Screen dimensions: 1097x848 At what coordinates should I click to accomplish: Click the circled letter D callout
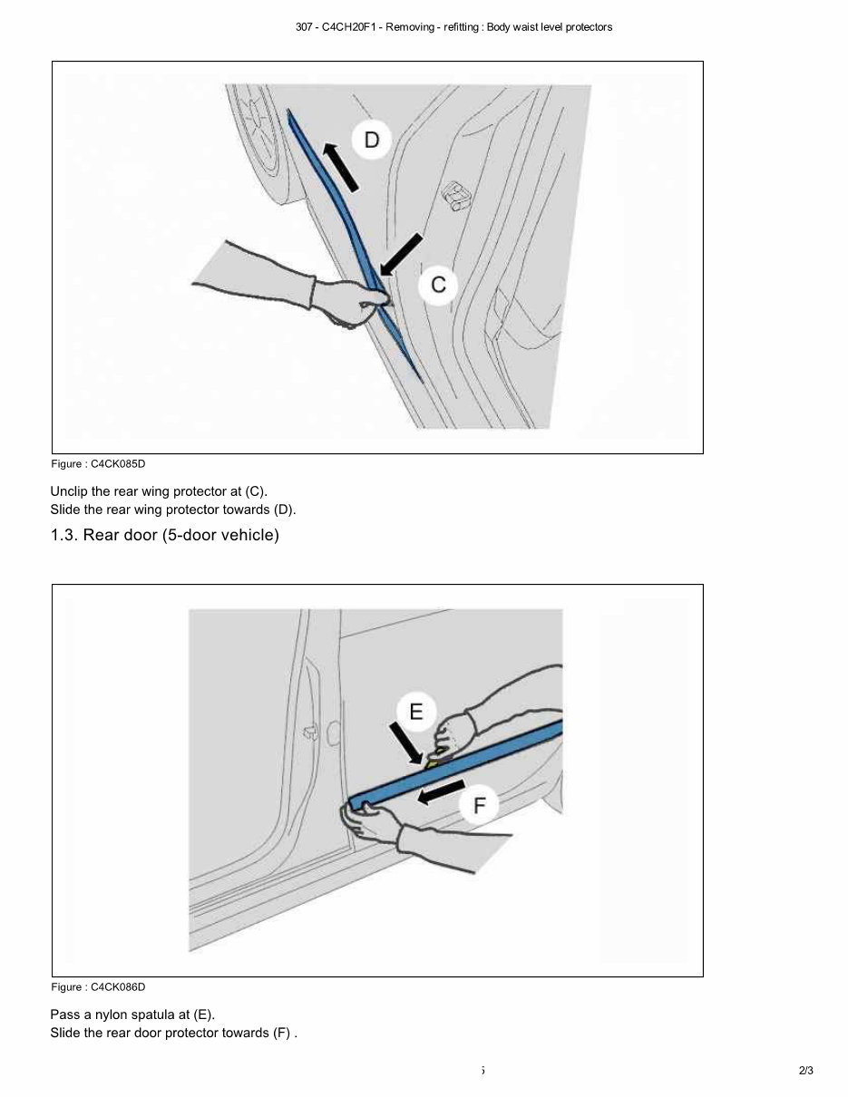[372, 140]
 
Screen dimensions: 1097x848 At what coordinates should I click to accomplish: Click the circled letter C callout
[438, 285]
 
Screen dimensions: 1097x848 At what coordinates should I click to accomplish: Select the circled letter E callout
[415, 712]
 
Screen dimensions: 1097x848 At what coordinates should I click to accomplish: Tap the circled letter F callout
[479, 805]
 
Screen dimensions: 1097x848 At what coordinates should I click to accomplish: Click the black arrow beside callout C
[402, 254]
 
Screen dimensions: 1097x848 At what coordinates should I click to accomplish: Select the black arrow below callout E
[405, 743]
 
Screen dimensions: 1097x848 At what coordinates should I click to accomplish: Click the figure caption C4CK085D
[98, 464]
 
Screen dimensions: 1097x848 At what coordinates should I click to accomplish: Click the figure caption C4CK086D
[98, 987]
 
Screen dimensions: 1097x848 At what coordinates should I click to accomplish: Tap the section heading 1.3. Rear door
[164, 535]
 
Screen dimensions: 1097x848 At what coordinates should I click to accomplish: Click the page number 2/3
[805, 1071]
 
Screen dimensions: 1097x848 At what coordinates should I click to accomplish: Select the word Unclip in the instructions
[68, 491]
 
